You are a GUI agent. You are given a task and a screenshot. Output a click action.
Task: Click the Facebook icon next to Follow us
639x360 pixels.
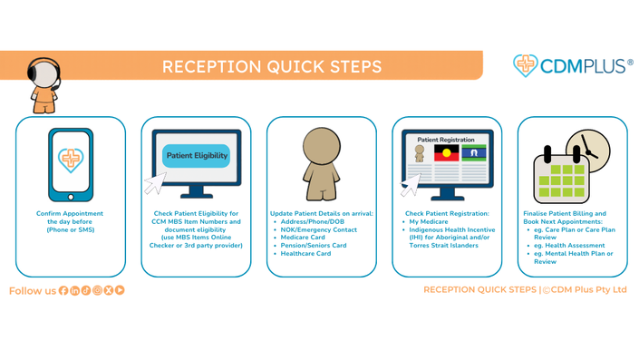coord(63,290)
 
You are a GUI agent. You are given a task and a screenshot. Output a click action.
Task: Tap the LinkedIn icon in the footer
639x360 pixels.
coord(74,290)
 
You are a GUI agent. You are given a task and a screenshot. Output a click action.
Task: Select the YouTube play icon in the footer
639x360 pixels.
coord(120,290)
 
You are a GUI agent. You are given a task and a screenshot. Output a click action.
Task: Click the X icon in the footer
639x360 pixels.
coord(109,290)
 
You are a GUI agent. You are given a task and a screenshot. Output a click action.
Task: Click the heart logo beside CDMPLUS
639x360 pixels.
coord(526,65)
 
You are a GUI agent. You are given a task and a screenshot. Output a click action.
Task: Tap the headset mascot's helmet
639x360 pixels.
coord(44,73)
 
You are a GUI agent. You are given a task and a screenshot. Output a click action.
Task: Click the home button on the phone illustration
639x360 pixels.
coord(71,198)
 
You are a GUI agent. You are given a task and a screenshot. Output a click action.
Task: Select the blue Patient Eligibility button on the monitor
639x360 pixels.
coord(197,156)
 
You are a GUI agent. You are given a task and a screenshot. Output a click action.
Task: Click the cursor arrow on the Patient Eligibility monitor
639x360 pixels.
coord(156,183)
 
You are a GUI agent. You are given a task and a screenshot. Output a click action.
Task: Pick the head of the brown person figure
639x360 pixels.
coord(322,146)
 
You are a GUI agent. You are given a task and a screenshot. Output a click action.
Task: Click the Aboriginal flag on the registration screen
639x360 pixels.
coord(446,153)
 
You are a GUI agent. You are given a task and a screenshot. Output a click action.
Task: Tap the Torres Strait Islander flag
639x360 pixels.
coord(474,153)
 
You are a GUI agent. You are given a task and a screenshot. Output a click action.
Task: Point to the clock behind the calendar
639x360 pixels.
coord(589,149)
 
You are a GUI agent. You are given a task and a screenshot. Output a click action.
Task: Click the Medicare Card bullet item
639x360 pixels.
coord(303,238)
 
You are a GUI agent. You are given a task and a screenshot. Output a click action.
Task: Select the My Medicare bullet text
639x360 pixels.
coord(429,222)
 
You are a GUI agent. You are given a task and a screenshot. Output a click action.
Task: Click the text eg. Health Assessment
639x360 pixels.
coord(569,246)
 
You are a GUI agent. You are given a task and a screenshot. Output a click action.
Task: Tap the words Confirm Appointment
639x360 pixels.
coord(70,214)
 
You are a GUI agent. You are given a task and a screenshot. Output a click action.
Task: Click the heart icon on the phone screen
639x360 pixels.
coord(71,160)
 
